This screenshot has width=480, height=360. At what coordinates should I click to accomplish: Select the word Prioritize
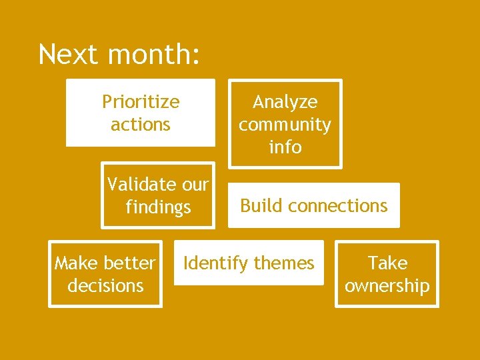coord(141,102)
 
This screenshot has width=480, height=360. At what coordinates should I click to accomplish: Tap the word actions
coord(141,125)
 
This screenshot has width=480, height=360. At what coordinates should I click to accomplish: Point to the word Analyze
coord(285,102)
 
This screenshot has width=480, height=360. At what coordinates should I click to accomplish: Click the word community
coord(285,125)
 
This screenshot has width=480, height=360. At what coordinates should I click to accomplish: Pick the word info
coord(285,147)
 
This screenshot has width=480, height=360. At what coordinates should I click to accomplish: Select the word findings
coord(158,207)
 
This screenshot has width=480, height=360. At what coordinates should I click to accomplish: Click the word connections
coord(337,205)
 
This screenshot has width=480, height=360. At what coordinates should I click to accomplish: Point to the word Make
coord(76,263)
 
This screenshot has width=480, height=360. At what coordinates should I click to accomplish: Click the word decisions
coord(105,286)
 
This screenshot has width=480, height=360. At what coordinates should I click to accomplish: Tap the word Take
coord(387,263)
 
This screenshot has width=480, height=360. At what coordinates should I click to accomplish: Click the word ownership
coord(387,286)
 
